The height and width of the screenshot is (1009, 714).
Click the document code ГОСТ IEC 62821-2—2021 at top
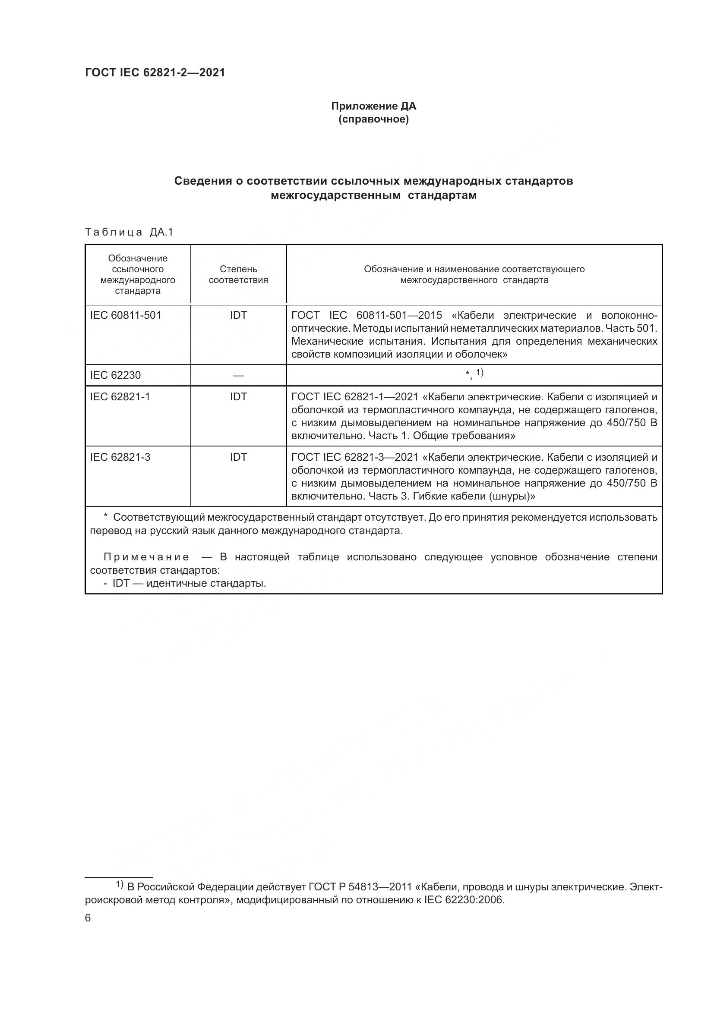155,72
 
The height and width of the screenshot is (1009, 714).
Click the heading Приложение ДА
373,106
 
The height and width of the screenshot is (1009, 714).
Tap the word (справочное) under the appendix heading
373,119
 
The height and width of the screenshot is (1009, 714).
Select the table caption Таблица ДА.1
129,232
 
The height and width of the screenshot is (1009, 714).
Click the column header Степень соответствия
238,274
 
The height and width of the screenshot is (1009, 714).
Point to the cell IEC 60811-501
126,315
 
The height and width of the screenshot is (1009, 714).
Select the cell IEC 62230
115,375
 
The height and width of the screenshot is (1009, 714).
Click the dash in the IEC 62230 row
238,375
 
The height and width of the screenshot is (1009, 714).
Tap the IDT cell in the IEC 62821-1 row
238,396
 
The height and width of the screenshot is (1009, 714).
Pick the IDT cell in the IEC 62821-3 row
238,457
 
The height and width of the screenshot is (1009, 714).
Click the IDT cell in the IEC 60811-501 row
238,315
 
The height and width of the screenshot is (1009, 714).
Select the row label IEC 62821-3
120,457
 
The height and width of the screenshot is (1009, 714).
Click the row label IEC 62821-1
120,396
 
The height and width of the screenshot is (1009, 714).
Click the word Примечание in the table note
146,557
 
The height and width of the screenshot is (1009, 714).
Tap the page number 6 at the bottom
88,918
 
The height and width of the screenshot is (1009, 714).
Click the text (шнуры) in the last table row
509,496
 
